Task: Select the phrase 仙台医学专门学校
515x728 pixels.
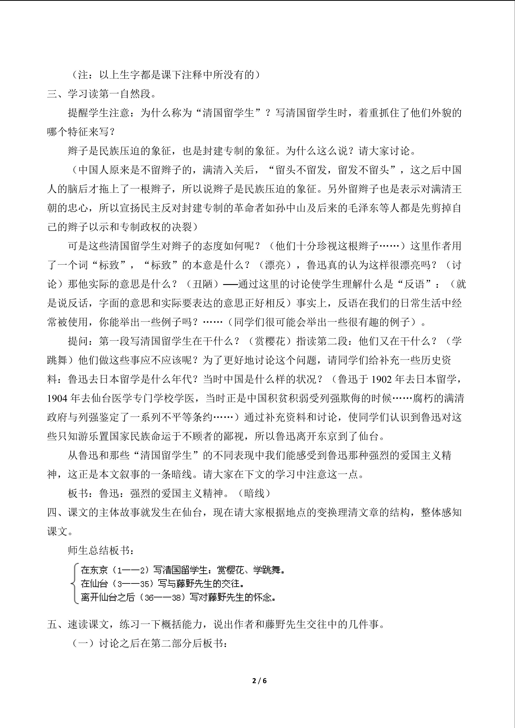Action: point(143,398)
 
